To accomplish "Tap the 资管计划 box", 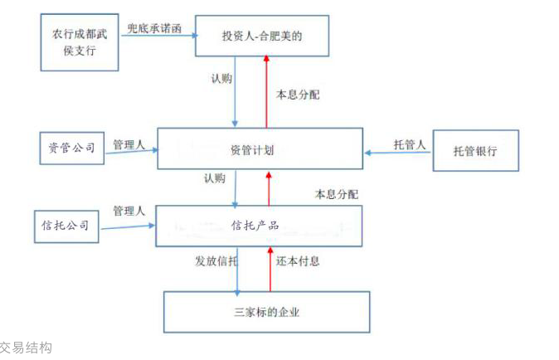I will [x=260, y=150].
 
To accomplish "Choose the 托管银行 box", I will [x=475, y=151].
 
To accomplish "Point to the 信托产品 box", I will [x=259, y=226].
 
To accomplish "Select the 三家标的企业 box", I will [x=265, y=312].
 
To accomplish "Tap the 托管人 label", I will [x=409, y=144].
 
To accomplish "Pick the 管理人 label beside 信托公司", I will [x=129, y=211].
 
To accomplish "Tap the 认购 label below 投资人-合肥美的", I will [x=221, y=79].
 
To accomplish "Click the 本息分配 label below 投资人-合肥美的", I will [x=298, y=95].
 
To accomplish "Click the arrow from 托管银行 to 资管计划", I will [x=398, y=153].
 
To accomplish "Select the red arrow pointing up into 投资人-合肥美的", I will [x=266, y=91].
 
